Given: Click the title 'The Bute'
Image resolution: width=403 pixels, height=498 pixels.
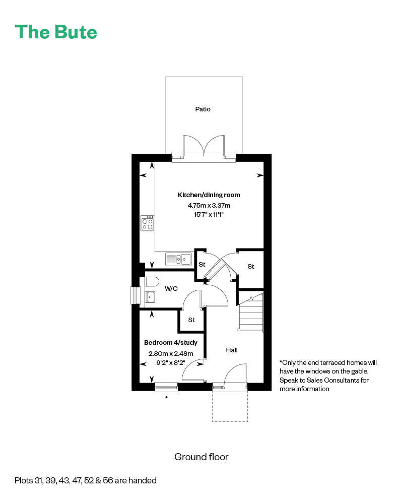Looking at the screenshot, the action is (56, 32).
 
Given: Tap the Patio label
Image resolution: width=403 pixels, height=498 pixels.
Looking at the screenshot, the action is (203, 109).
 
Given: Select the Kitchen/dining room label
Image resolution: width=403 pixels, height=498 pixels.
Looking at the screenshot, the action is (209, 195).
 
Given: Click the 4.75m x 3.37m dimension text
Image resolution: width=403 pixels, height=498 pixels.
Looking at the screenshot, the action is (209, 206).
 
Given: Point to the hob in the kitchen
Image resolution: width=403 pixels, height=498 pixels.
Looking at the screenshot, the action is (148, 223).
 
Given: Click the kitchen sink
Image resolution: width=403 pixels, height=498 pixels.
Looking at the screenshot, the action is (179, 259).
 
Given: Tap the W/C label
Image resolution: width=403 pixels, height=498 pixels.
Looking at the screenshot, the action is (171, 289).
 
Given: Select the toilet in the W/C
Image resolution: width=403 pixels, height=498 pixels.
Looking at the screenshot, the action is (152, 281).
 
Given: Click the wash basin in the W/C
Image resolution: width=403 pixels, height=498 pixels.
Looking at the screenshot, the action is (150, 297).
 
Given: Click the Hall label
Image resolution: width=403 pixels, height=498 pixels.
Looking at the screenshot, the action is (232, 350).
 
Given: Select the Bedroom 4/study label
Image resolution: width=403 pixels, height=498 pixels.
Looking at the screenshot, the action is (171, 343).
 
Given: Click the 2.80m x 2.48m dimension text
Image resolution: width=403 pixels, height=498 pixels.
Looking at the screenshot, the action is (171, 353).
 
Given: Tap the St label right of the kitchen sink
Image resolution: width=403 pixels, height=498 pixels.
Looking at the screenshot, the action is (202, 264).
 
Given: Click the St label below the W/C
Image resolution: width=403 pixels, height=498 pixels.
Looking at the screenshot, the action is (191, 320).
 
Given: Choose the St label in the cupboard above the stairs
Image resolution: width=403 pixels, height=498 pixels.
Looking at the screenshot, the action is (251, 267).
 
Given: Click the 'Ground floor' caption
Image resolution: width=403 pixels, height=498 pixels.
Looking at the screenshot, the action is (201, 457).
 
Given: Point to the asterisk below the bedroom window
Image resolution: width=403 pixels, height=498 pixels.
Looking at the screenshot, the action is (167, 398).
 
